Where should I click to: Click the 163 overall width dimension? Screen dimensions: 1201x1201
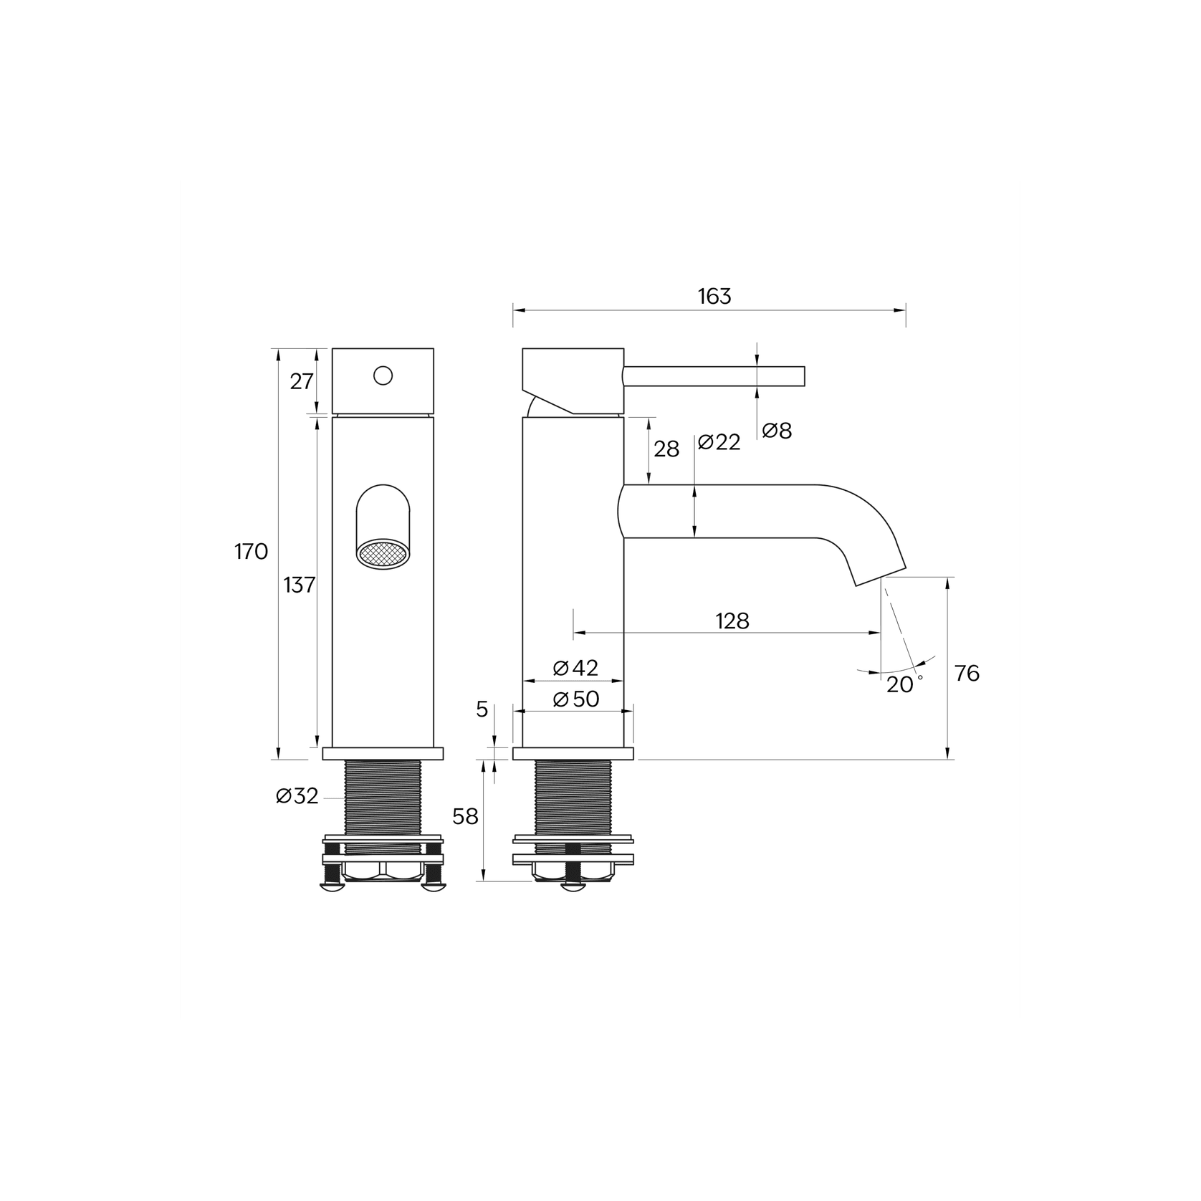714,296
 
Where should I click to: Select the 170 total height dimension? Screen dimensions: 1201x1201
251,552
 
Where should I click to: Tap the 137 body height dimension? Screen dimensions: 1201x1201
300,585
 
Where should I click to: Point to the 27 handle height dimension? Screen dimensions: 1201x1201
302,382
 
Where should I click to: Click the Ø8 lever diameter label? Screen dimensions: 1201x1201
777,431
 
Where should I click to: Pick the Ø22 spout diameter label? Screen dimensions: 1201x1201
719,442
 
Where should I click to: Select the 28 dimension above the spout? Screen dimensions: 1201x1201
666,449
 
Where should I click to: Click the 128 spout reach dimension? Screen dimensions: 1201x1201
732,621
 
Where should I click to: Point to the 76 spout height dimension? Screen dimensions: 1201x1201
967,674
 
